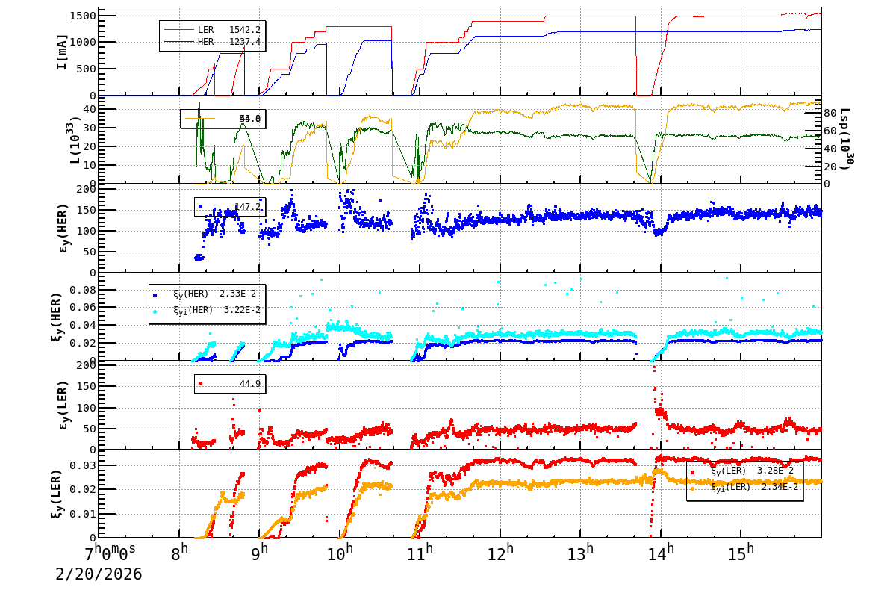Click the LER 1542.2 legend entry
tap(212, 29)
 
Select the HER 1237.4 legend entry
tap(212, 42)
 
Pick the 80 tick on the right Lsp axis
tap(830, 114)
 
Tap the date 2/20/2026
tap(99, 574)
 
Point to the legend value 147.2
tap(247, 207)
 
